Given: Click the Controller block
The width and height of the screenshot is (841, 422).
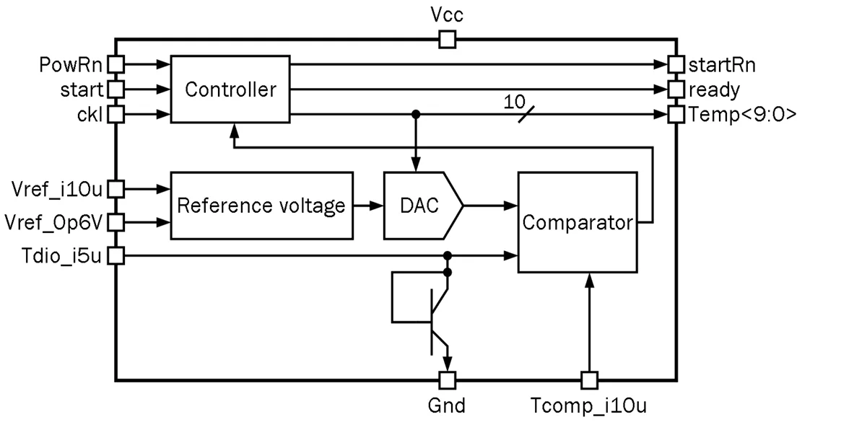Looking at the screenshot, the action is pyautogui.click(x=230, y=89).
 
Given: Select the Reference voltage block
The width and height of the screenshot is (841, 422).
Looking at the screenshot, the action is pyautogui.click(x=262, y=206).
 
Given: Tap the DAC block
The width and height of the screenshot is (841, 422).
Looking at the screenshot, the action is pyautogui.click(x=422, y=206).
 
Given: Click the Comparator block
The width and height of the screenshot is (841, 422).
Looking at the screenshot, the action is pyautogui.click(x=577, y=222).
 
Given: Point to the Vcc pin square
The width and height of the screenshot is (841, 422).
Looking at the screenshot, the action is pyautogui.click(x=448, y=39).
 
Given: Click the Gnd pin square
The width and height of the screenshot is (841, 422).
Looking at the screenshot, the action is pyautogui.click(x=448, y=380).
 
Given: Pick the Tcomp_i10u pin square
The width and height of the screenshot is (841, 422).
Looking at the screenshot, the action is pyautogui.click(x=589, y=380).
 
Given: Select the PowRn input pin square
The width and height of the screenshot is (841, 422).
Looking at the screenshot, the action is pyautogui.click(x=116, y=64).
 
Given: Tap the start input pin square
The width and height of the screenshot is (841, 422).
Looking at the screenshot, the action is pyautogui.click(x=116, y=89).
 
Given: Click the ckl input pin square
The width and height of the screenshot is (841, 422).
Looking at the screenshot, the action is pyautogui.click(x=116, y=114).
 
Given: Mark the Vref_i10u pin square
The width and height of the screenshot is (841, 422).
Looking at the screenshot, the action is pyautogui.click(x=116, y=189).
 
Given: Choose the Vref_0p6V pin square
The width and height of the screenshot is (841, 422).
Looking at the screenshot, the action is pyautogui.click(x=116, y=222).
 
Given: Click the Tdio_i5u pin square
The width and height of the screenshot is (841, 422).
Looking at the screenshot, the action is pyautogui.click(x=116, y=256).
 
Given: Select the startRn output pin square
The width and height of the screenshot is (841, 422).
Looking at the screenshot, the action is pyautogui.click(x=676, y=64).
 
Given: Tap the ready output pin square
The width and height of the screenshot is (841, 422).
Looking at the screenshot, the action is pyautogui.click(x=676, y=89).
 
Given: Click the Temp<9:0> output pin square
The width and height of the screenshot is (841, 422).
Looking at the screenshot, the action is pyautogui.click(x=676, y=114).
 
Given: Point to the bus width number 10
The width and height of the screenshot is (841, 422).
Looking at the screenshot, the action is pyautogui.click(x=515, y=101).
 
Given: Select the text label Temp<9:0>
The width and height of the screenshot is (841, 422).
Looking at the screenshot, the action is pyautogui.click(x=742, y=115).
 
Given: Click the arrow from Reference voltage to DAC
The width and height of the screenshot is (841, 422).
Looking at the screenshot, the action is pyautogui.click(x=368, y=206).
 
